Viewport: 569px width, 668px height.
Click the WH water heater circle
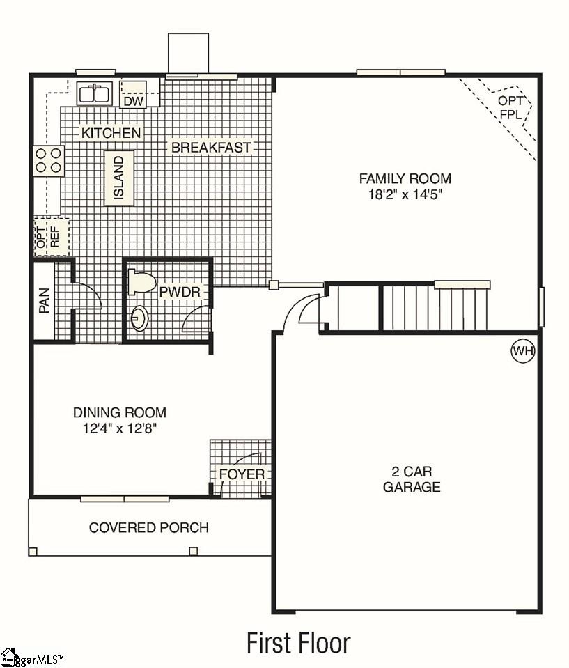point(522,350)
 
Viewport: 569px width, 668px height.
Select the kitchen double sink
point(95,93)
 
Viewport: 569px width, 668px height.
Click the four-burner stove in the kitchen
point(48,160)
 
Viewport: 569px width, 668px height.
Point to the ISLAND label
point(119,178)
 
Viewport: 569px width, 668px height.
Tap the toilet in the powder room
point(141,282)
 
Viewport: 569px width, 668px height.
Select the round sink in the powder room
point(140,318)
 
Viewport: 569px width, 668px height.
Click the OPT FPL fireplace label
point(510,107)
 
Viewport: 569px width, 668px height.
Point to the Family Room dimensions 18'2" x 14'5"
point(405,195)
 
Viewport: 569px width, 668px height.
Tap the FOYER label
point(242,474)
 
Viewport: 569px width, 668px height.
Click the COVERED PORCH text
point(148,527)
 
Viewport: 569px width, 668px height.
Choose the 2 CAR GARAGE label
point(411,478)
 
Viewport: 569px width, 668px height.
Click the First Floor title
point(298,642)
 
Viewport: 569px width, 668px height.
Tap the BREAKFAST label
point(210,148)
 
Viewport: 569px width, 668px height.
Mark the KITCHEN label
point(111,133)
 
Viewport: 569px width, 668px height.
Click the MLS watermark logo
point(32,657)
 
